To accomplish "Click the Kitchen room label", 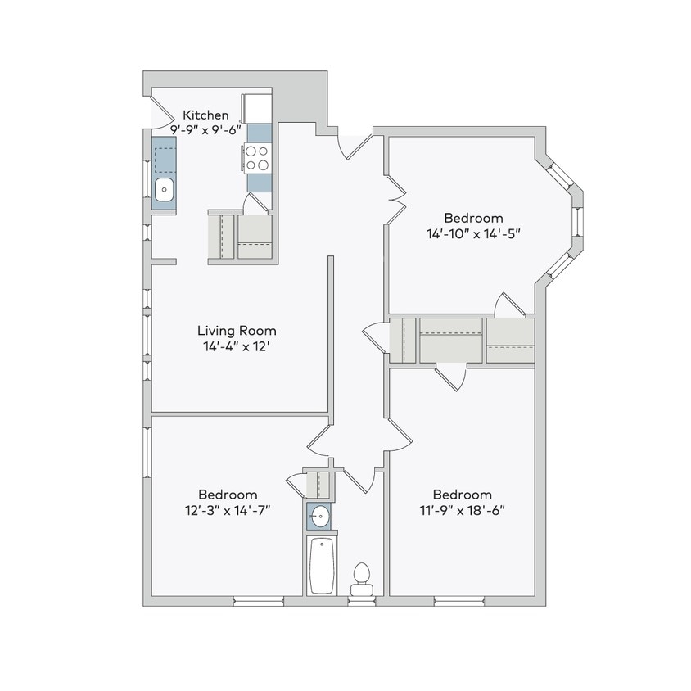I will point(205,115).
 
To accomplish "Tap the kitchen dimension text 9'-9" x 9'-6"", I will point(205,129).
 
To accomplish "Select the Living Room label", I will point(237,331).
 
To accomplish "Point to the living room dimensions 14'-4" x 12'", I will point(237,346).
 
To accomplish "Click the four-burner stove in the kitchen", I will point(258,157).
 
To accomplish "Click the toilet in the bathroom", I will point(360,578).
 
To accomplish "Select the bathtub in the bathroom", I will point(320,566).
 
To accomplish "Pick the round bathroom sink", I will point(320,517).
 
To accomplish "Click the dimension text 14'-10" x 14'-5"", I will point(473,233).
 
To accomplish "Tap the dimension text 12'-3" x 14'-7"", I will point(228,509).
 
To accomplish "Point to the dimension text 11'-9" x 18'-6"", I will point(463,509).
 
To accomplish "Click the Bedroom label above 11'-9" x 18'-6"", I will point(463,495).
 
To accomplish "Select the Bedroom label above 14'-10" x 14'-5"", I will point(473,218).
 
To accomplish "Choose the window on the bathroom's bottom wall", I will point(361,602).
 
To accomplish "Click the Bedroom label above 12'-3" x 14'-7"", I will point(228,495).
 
